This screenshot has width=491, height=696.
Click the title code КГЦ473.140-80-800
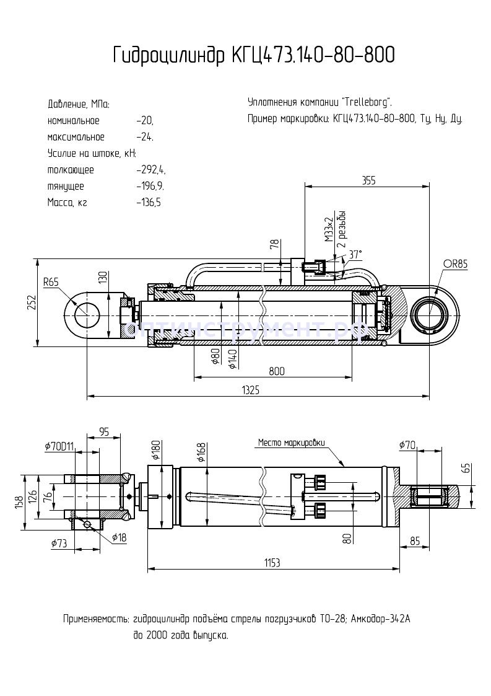pyautogui.click(x=313, y=56)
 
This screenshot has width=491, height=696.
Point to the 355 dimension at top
pyautogui.click(x=369, y=180)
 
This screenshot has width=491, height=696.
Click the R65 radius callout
pyautogui.click(x=51, y=282)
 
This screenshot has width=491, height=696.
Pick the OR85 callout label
pyautogui.click(x=455, y=264)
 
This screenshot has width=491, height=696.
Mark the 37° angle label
pyautogui.click(x=355, y=255)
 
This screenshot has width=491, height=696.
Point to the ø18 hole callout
pyautogui.click(x=120, y=537)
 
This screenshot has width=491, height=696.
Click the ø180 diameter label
pyautogui.click(x=156, y=450)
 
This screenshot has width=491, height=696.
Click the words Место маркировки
pyautogui.click(x=291, y=443)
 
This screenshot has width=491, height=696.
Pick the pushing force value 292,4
pyautogui.click(x=151, y=169)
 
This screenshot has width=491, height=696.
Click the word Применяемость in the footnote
pyautogui.click(x=95, y=619)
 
